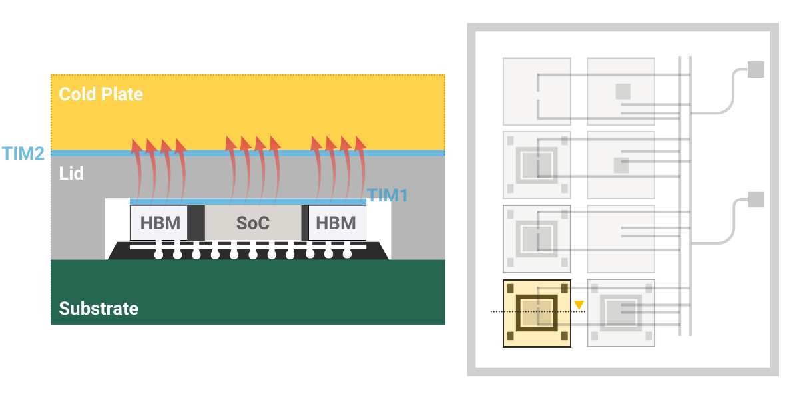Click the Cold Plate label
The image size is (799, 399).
[x=101, y=94]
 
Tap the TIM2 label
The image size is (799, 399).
[x=23, y=154]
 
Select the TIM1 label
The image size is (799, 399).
[x=387, y=195]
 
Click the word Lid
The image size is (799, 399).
[x=71, y=174]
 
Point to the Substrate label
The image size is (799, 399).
[x=99, y=309]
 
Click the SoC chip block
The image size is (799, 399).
[x=253, y=223]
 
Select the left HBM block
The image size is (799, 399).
[x=160, y=223]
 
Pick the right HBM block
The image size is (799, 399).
[x=336, y=223]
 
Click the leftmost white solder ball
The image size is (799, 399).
[x=158, y=254]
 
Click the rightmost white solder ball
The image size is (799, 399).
[x=347, y=253]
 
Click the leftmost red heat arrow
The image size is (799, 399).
[x=137, y=166]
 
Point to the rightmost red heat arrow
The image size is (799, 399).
[x=360, y=166]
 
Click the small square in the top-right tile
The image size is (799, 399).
[x=623, y=91]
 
